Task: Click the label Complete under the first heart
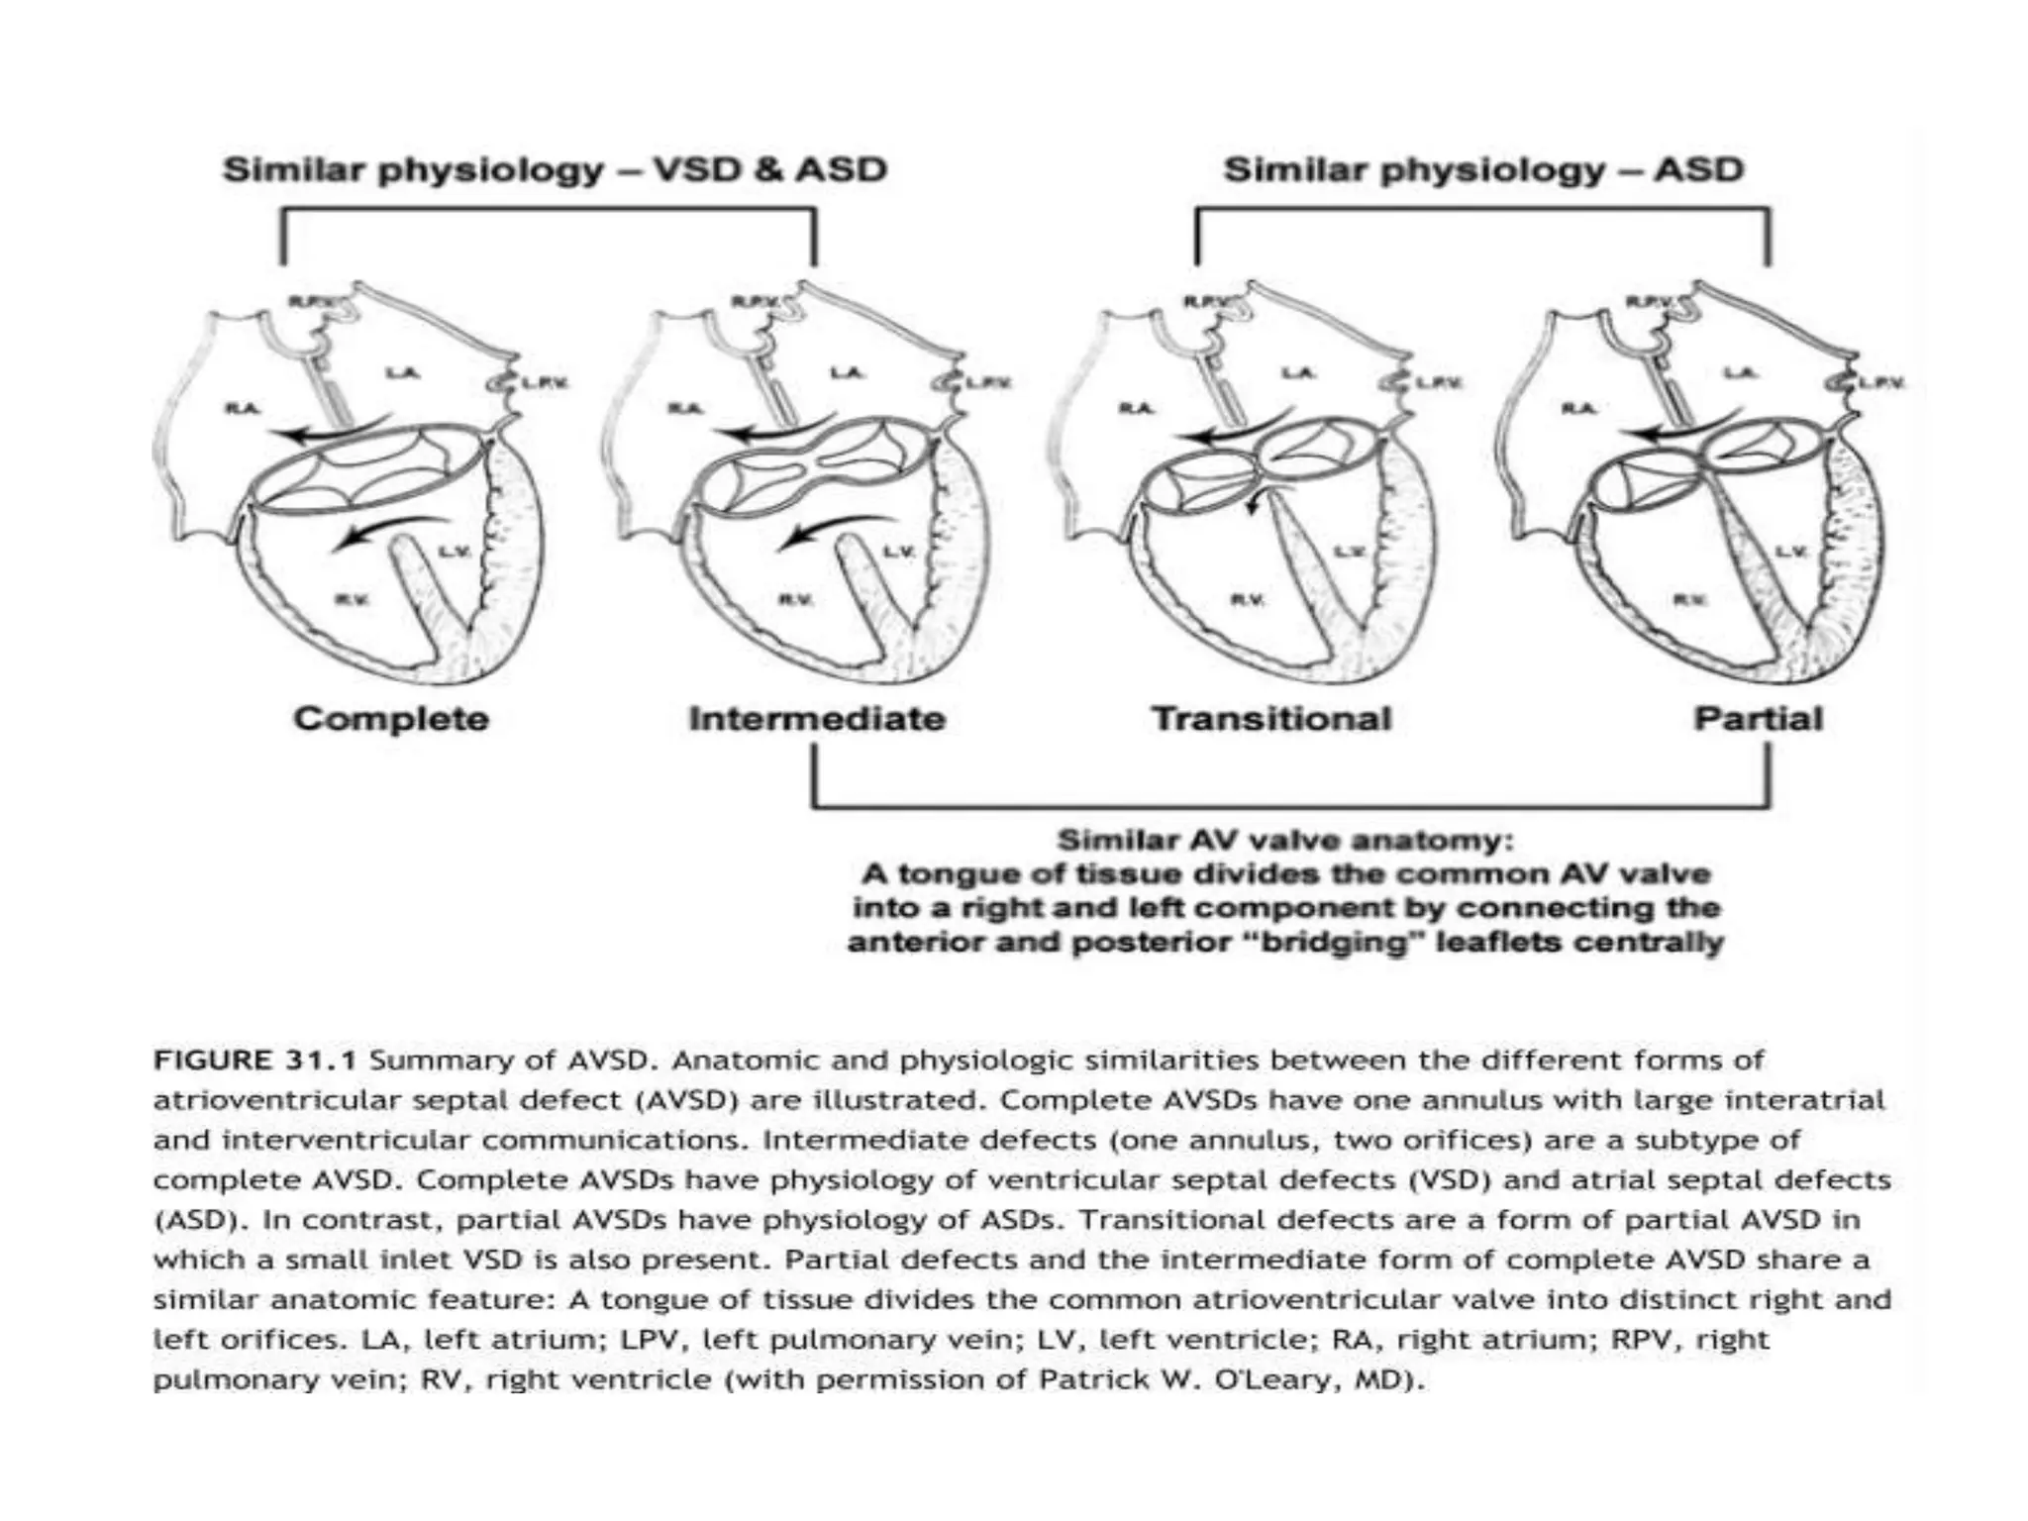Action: point(390,718)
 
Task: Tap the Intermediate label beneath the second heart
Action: point(817,718)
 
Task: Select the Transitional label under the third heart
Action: point(1270,718)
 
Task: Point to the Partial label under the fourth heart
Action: point(1758,718)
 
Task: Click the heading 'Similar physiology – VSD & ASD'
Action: point(555,169)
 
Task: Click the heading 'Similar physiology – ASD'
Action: point(1482,169)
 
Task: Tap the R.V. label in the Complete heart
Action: point(352,598)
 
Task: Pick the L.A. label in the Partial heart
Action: point(1741,373)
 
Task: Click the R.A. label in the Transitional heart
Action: point(1135,408)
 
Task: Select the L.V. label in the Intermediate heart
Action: point(897,552)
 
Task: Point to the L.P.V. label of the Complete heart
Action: point(545,383)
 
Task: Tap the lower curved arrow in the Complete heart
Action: point(386,530)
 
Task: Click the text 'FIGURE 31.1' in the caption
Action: point(254,1061)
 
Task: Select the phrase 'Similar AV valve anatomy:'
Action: point(1285,841)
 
